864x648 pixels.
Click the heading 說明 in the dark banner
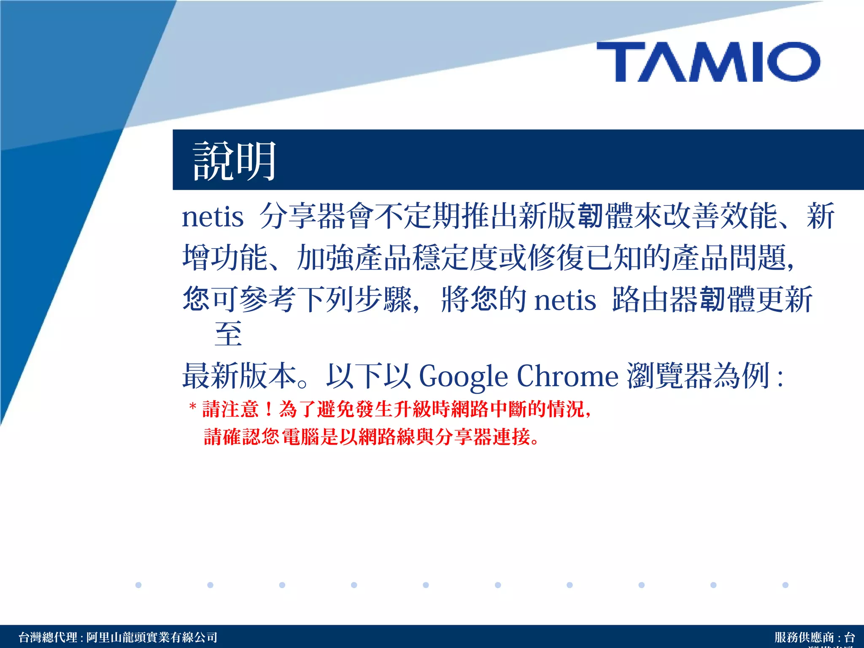[x=234, y=161]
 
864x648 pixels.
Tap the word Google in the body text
[x=463, y=376]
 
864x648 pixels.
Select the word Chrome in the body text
[x=567, y=376]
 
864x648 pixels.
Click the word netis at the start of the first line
[x=213, y=217]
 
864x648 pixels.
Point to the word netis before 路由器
[x=565, y=300]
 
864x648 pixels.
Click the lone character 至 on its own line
[x=228, y=334]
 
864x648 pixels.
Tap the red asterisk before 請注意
[x=193, y=407]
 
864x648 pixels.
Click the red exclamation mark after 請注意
[x=269, y=409]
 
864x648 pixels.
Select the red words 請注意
[x=230, y=409]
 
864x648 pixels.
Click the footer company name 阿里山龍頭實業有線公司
[x=152, y=637]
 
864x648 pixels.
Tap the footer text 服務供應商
[x=804, y=637]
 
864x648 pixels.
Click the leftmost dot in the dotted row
[x=138, y=585]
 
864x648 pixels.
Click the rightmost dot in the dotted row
[x=785, y=585]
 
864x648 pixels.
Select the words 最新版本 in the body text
[x=239, y=376]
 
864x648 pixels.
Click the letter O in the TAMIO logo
[x=793, y=62]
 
